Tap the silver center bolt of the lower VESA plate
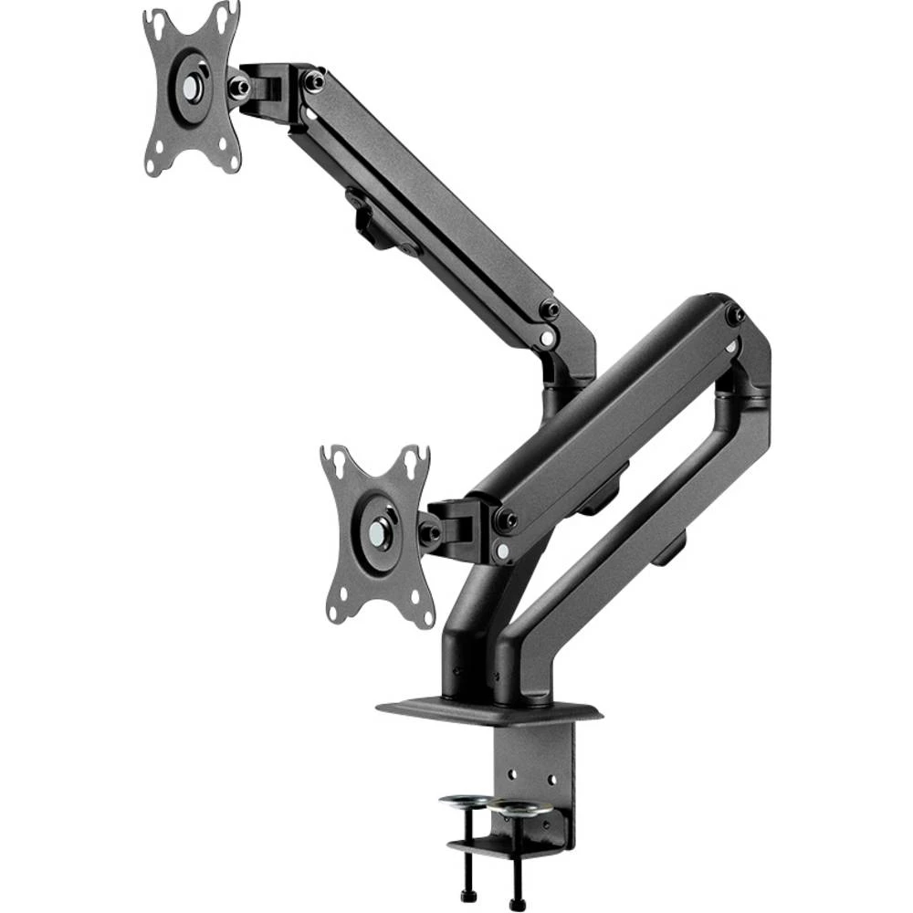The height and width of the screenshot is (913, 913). pyautogui.click(x=377, y=532)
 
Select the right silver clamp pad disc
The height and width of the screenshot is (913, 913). pyautogui.click(x=515, y=808)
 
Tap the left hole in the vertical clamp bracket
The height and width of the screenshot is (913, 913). pyautogui.click(x=511, y=775)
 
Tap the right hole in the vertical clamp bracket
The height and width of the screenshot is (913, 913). pyautogui.click(x=551, y=779)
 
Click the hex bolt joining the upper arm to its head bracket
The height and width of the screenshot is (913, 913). pyautogui.click(x=313, y=82)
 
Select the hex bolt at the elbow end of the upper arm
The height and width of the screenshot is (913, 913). pyautogui.click(x=549, y=310)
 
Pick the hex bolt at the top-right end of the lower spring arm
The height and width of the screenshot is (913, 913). pyautogui.click(x=735, y=316)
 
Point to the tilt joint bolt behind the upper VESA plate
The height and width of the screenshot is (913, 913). pyautogui.click(x=240, y=87)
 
